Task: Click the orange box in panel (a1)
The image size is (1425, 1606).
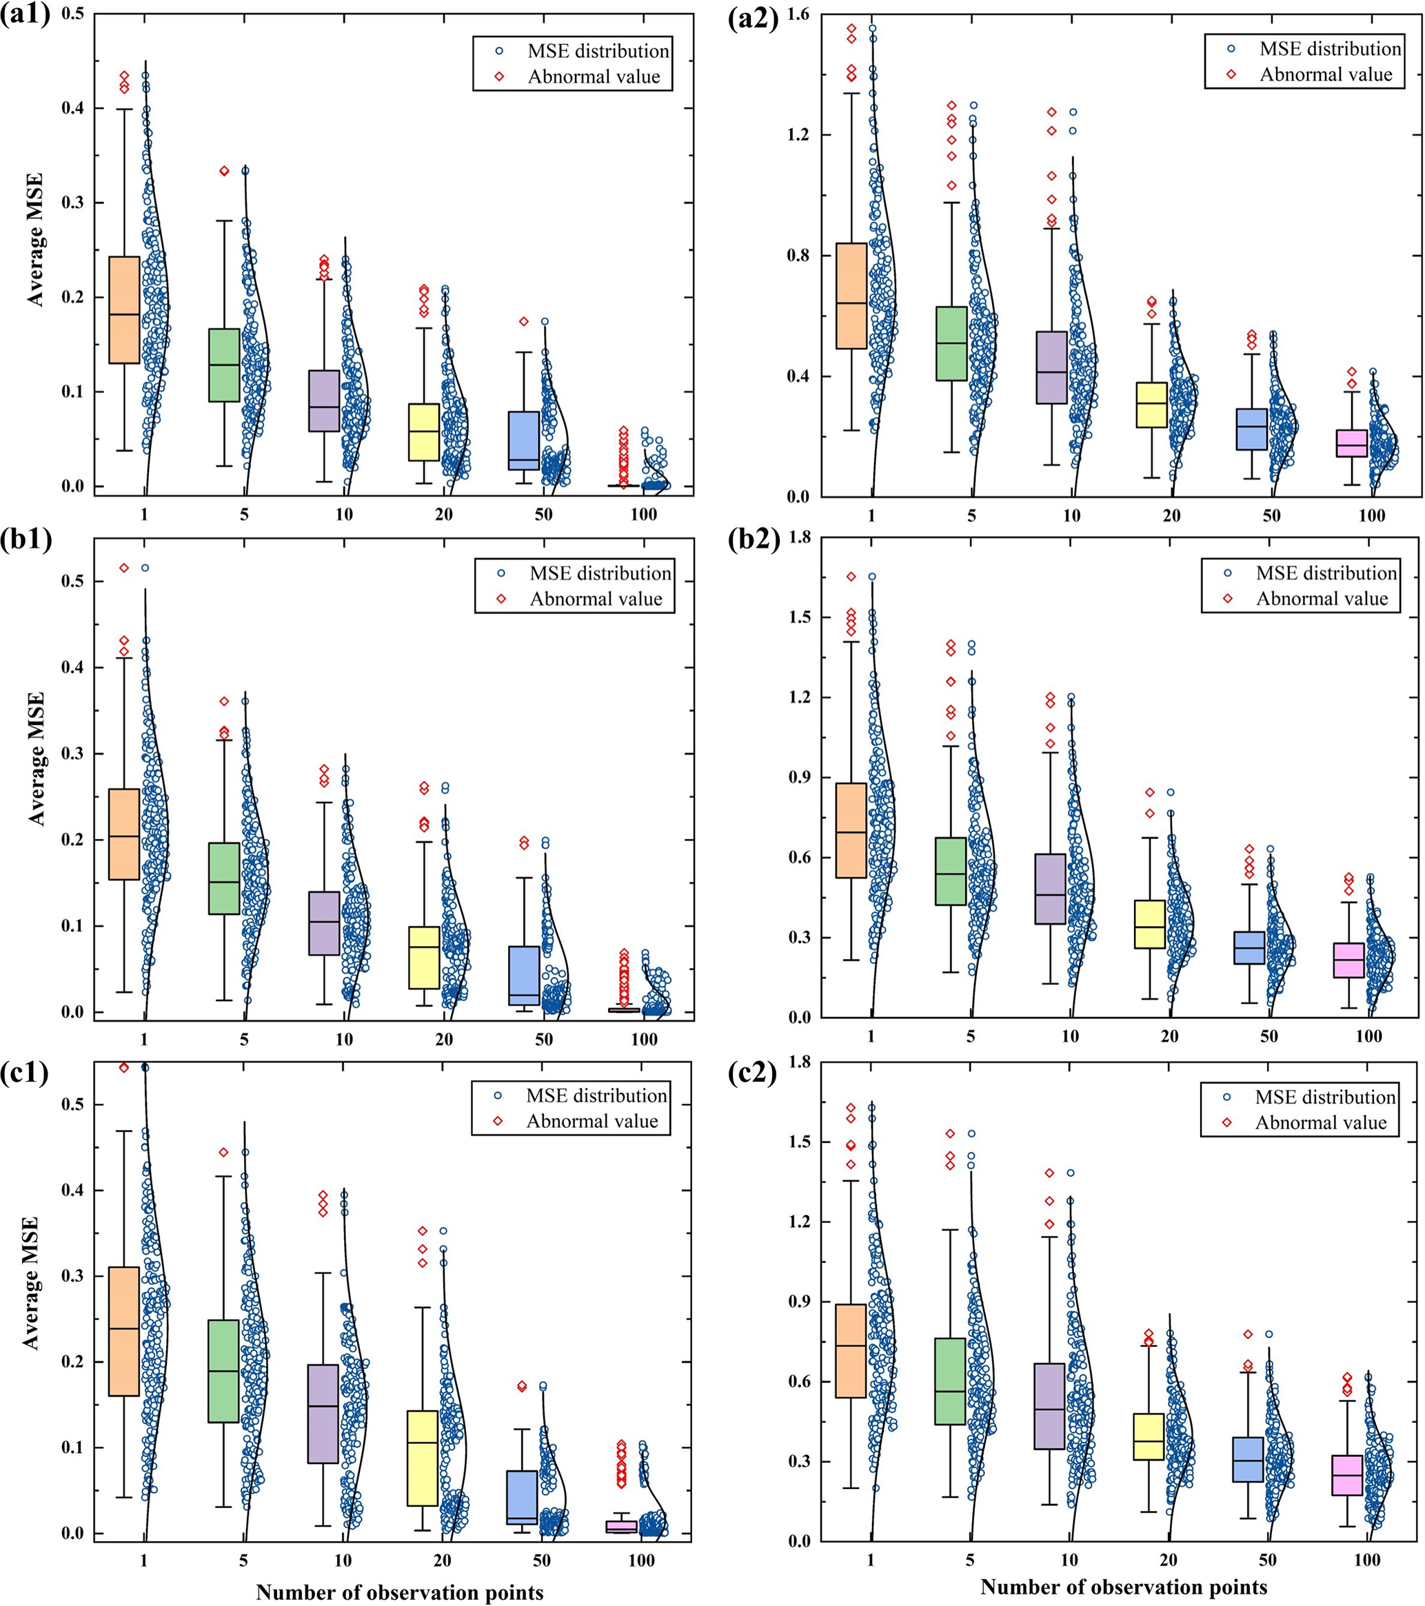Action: (x=124, y=309)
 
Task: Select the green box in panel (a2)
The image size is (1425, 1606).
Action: (x=951, y=343)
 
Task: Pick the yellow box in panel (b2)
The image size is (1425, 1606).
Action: (x=1149, y=924)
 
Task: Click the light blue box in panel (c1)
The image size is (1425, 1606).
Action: (x=522, y=1498)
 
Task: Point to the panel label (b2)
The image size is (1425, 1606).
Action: (x=754, y=542)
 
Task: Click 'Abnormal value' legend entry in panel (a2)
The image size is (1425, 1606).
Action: (x=1325, y=74)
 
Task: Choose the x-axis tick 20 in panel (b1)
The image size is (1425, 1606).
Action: (x=444, y=1040)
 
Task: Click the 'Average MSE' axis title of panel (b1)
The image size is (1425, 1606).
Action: (x=36, y=759)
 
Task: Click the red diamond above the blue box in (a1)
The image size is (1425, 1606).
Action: (x=523, y=321)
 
